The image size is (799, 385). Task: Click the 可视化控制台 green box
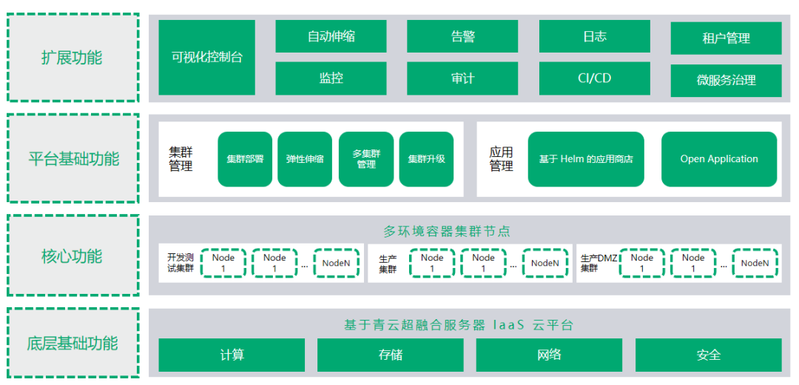coord(207,57)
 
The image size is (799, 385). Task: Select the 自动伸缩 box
coord(331,36)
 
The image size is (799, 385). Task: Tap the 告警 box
coord(462,36)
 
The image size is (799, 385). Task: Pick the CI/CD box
coord(594,78)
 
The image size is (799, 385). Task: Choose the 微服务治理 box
coord(726,80)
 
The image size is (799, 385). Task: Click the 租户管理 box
coord(726,38)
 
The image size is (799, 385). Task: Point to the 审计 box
coord(462,78)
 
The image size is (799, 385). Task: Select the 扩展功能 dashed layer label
coord(73,58)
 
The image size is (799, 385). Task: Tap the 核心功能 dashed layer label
coord(73,256)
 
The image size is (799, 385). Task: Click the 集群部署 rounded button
coord(245,159)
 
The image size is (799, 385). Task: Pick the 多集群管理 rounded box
coord(366,159)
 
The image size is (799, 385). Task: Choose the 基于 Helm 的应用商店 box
coord(586,159)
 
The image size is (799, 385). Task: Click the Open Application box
coord(719,159)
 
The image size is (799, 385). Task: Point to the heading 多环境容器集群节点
coord(446,231)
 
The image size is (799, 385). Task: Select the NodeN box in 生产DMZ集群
coord(755,263)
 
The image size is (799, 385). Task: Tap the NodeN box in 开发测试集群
coord(336,263)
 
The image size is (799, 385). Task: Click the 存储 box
coord(391,355)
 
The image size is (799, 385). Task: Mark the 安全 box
coord(708,355)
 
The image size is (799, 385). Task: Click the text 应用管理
coord(501,159)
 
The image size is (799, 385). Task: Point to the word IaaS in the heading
coord(507,325)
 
